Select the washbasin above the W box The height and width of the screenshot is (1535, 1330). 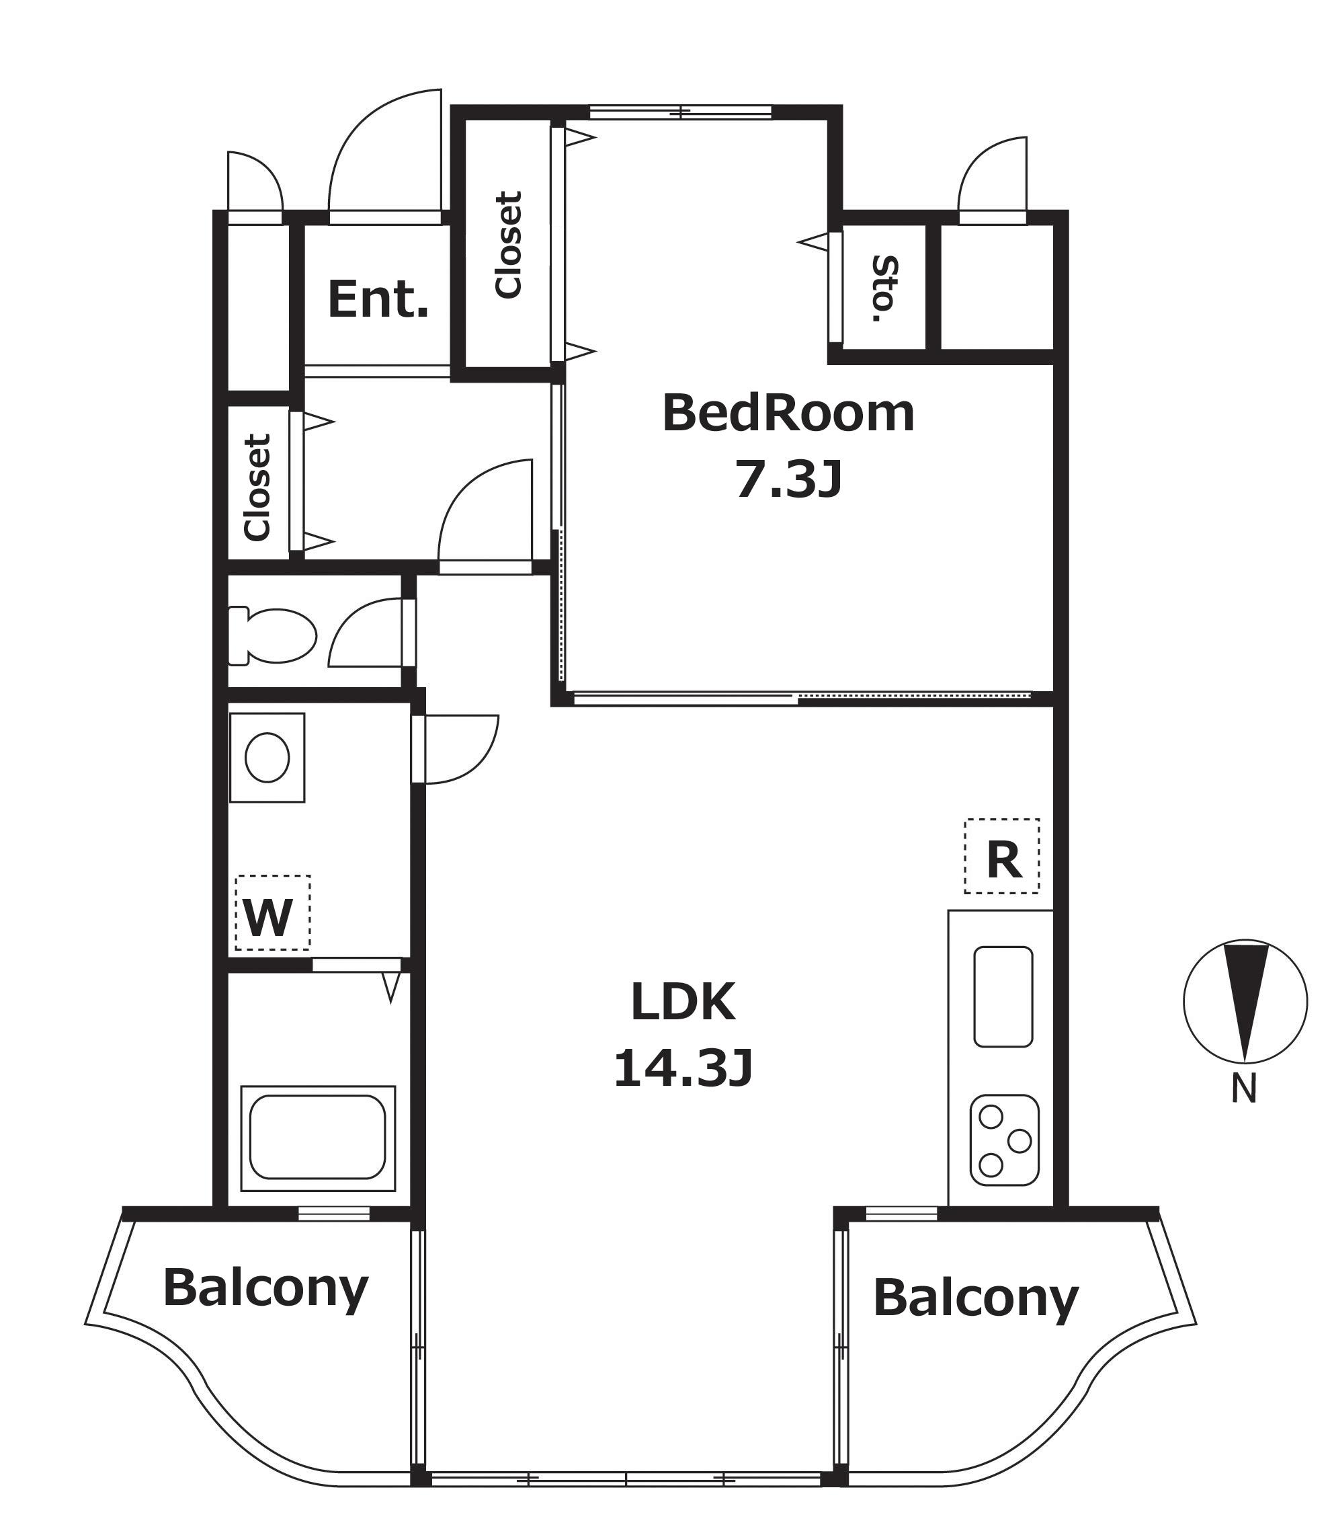267,758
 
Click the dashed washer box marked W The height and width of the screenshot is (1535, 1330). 272,912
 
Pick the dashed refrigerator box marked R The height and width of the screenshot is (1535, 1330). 1002,856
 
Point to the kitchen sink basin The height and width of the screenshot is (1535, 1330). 1003,996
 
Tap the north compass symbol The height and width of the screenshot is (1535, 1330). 1245,1001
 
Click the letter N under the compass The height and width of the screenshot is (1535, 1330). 1245,1089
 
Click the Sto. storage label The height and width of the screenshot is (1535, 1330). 884,289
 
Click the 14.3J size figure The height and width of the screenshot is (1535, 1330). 683,1069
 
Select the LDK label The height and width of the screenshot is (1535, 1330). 683,1002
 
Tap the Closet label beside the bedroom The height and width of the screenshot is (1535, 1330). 509,245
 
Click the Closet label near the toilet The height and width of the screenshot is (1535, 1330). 257,487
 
